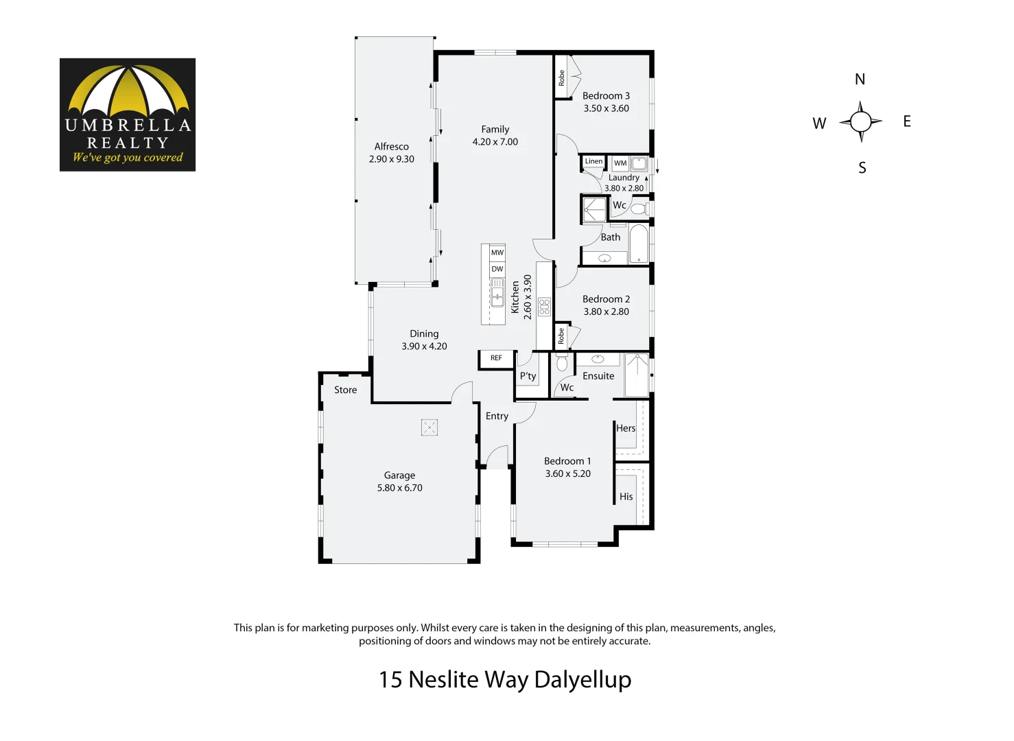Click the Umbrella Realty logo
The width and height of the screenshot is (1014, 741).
128,115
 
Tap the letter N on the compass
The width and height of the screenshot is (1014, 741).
860,80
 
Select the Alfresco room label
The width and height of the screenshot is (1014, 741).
391,146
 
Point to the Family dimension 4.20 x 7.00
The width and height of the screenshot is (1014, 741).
495,142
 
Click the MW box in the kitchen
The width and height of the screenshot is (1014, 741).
497,252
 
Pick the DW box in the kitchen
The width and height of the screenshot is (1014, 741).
497,269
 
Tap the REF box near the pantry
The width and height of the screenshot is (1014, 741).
496,358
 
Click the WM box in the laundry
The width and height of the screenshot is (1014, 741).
620,163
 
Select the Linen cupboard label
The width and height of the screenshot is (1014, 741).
593,162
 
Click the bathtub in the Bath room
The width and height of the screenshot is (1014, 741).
639,244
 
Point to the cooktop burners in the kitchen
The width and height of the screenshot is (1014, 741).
545,306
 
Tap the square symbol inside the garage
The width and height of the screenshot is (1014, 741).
429,427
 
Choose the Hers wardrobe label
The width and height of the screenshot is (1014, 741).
626,428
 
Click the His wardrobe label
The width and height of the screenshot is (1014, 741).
626,497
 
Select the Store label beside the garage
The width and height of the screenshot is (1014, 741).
345,390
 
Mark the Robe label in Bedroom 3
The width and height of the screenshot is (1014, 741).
561,78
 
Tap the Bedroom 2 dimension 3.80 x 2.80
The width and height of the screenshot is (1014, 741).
606,311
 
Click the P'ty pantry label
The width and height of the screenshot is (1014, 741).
528,376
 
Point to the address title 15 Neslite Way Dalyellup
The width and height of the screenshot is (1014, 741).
505,679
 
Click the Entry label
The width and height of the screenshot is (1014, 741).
497,416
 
